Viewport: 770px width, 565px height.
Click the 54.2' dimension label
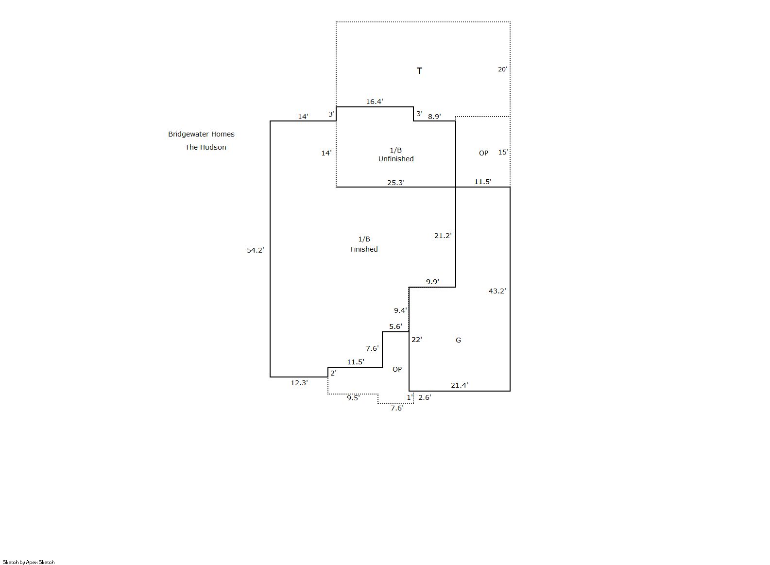click(255, 250)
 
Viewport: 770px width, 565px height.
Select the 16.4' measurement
click(374, 102)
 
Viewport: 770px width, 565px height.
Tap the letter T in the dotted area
click(419, 71)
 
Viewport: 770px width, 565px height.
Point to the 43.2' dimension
click(497, 291)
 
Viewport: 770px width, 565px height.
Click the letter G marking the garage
click(458, 340)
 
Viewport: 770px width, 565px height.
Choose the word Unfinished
click(396, 159)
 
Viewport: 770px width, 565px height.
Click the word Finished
click(364, 249)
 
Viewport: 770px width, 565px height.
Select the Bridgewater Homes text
click(201, 134)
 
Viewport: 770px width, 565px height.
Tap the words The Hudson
click(205, 147)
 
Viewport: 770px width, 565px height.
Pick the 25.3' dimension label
click(395, 183)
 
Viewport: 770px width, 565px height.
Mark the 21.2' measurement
click(443, 236)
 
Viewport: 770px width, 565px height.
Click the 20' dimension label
click(502, 69)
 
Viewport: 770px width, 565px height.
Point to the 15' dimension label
click(503, 152)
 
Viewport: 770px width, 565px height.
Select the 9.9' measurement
click(432, 282)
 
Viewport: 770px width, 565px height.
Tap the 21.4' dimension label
click(459, 385)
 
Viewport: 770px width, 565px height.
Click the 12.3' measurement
click(299, 383)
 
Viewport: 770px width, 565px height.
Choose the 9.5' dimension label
click(353, 398)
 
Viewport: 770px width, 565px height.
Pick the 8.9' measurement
click(434, 117)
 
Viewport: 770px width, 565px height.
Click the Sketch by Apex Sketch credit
click(29, 562)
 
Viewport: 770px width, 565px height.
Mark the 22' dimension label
click(416, 340)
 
